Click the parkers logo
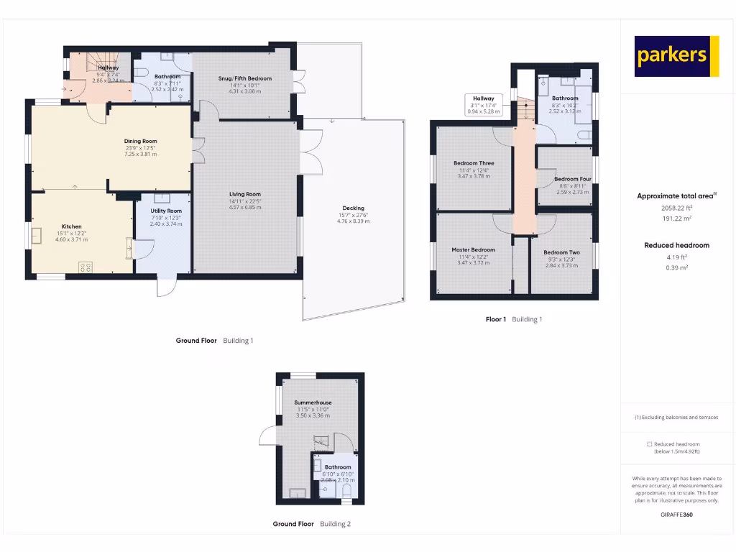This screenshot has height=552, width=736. click(676, 56)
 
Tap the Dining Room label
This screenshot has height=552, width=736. click(140, 142)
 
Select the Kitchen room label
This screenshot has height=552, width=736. click(71, 226)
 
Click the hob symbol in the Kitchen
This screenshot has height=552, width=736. click(85, 267)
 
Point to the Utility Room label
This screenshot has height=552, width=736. click(166, 211)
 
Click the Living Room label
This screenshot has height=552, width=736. click(244, 194)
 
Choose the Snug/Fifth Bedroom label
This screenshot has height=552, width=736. click(245, 78)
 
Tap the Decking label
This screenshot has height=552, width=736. click(353, 208)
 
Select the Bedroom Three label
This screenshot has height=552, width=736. click(474, 163)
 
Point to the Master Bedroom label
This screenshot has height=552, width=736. click(473, 250)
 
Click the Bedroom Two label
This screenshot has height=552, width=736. click(561, 253)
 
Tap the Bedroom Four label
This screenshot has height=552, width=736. click(572, 179)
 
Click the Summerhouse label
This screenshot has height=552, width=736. click(312, 402)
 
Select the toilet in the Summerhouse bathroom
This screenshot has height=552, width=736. click(346, 491)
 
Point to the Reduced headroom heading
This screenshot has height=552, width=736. click(676, 245)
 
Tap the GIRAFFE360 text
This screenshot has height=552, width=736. click(676, 514)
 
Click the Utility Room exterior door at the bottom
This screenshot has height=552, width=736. click(167, 286)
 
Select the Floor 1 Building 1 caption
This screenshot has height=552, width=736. click(513, 319)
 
